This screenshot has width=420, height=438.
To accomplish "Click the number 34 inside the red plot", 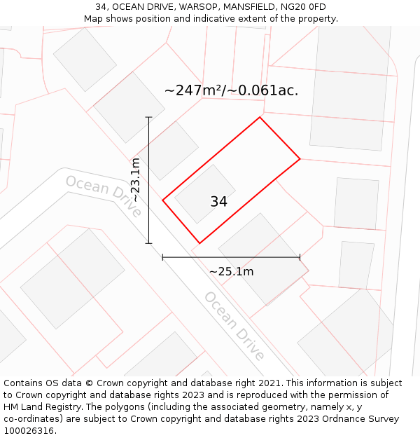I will click(x=218, y=202).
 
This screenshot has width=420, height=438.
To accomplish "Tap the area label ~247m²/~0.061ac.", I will click(x=231, y=90).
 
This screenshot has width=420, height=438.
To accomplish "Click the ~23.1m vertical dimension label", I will click(x=135, y=180).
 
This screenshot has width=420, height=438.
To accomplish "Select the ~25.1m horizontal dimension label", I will click(x=231, y=271).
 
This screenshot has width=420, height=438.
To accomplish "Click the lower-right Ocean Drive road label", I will click(x=234, y=325).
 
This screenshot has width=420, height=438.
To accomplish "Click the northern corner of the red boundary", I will click(x=260, y=117).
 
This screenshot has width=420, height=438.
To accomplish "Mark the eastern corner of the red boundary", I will click(x=300, y=158).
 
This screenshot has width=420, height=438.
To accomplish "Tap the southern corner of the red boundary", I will click(x=199, y=243).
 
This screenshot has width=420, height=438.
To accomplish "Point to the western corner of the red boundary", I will click(x=163, y=200).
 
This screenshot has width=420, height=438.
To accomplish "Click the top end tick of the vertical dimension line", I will click(x=148, y=117).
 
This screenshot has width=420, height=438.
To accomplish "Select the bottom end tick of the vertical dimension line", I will click(x=148, y=243).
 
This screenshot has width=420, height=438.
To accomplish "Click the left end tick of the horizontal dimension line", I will click(x=163, y=257).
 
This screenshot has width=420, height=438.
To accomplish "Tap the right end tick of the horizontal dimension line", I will click(x=300, y=257).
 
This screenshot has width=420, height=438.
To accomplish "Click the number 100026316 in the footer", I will click(x=29, y=430).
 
